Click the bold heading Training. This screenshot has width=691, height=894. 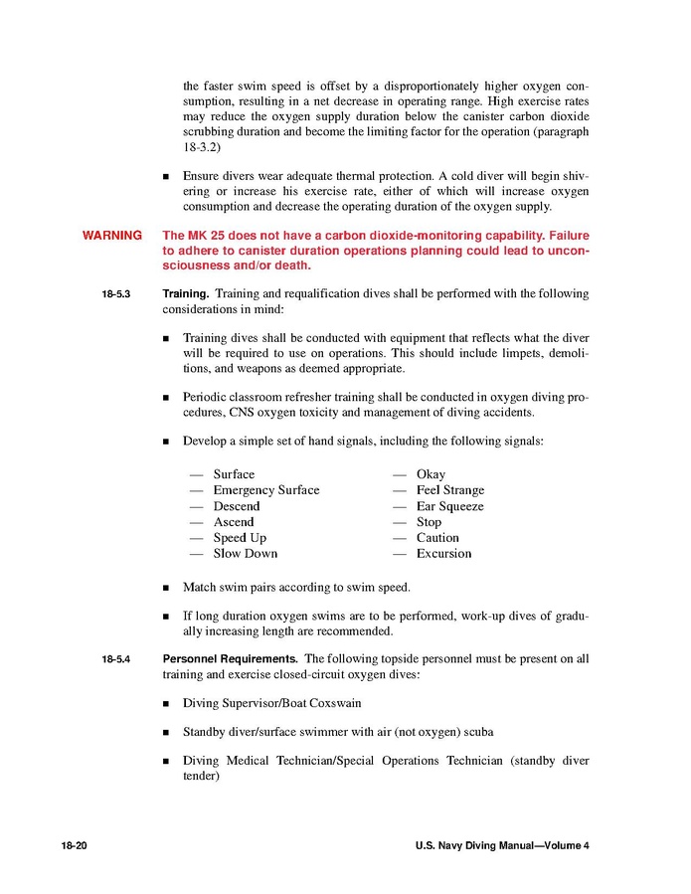coord(186,294)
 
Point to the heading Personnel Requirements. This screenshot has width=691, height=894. coord(230,658)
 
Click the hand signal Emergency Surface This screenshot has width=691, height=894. coord(266,490)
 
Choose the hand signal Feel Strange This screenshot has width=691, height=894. coord(450,490)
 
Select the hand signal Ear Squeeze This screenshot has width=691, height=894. coord(450,506)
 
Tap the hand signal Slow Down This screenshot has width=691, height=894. coord(246,553)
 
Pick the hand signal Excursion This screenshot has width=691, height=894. coord(444,553)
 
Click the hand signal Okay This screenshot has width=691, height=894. coord(432,474)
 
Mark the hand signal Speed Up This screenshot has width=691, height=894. coord(240,538)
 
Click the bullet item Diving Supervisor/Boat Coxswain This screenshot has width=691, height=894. coord(271,703)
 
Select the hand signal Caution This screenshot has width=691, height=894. coord(437,538)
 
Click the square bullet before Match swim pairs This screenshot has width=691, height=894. coord(166,589)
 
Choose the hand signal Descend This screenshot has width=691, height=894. coord(237,506)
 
